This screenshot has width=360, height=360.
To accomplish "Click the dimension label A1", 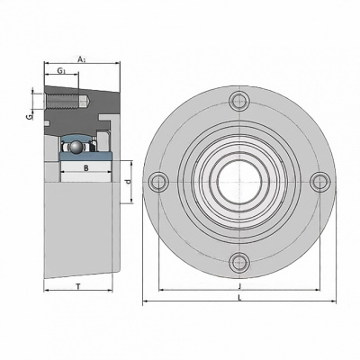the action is pyautogui.click(x=82, y=59).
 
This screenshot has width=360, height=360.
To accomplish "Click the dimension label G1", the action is pyautogui.click(x=61, y=71).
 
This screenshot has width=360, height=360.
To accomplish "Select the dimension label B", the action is pyautogui.click(x=86, y=168).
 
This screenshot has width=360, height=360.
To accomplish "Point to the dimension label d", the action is pyautogui.click(x=128, y=182).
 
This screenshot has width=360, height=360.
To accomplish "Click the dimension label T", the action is pyautogui.click(x=78, y=286).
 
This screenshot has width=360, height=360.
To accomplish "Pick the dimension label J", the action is pyautogui.click(x=239, y=286).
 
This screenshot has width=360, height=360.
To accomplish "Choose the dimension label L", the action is pyautogui.click(x=239, y=298).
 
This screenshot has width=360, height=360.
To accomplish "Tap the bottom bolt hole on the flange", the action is pyautogui.click(x=239, y=262).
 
